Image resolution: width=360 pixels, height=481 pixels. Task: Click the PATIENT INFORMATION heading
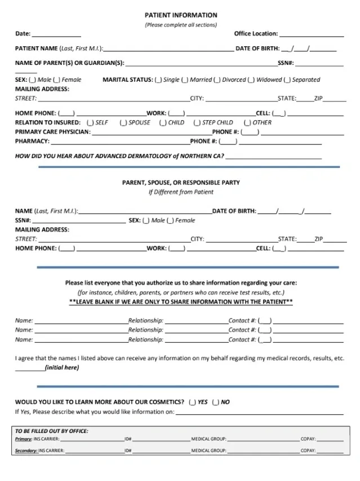click(x=180, y=15)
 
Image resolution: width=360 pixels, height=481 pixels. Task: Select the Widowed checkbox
click(x=251, y=80)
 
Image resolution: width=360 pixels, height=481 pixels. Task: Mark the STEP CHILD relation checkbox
click(x=197, y=122)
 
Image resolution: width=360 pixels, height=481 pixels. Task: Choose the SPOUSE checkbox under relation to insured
click(x=123, y=122)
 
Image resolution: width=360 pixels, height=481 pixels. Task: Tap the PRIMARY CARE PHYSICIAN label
click(x=52, y=132)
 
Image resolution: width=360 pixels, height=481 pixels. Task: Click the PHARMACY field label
click(x=32, y=141)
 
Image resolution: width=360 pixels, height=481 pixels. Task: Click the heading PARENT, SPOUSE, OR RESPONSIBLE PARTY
click(x=180, y=183)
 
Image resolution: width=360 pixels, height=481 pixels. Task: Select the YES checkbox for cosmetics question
click(x=193, y=402)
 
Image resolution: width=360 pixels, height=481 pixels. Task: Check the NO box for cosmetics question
click(x=216, y=402)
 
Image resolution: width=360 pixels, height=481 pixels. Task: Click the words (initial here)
click(x=61, y=368)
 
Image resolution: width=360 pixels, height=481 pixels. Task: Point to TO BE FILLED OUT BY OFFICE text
click(x=51, y=431)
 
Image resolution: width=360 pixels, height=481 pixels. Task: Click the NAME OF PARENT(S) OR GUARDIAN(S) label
click(x=69, y=63)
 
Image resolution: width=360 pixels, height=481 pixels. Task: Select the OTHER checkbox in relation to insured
click(x=247, y=122)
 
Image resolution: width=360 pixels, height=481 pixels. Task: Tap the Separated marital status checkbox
click(x=287, y=80)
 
